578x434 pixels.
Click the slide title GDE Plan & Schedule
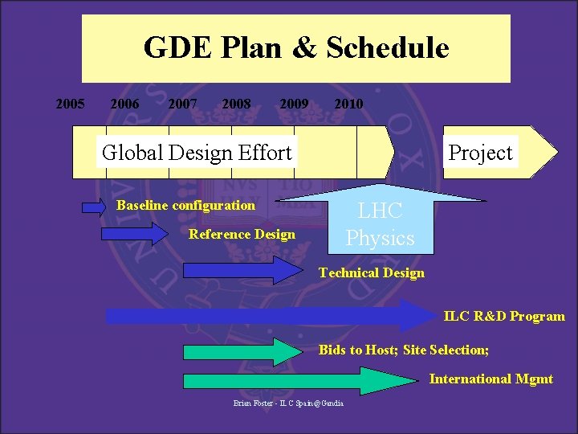click(296, 48)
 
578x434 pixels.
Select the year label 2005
click(70, 104)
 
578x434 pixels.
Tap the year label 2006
click(124, 104)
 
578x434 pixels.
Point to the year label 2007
click(182, 104)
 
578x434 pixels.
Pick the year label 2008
click(236, 104)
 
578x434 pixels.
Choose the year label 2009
click(294, 104)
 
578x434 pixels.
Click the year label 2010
click(348, 104)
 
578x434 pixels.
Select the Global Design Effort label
click(197, 152)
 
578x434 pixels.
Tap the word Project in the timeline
click(480, 152)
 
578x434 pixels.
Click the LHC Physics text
click(381, 225)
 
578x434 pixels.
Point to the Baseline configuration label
click(185, 205)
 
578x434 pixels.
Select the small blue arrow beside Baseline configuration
click(94, 207)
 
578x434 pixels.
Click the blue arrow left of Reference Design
click(132, 234)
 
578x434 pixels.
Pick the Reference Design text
click(242, 234)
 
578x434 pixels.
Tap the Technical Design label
click(371, 272)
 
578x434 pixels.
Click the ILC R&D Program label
click(504, 316)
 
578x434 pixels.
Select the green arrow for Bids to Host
click(240, 351)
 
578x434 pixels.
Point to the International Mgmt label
click(490, 379)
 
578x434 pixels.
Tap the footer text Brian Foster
click(288, 403)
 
